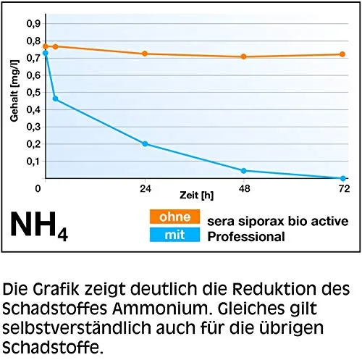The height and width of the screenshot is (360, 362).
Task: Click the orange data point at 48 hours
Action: (x=243, y=56)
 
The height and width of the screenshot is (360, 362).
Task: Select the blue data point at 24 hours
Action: (x=145, y=143)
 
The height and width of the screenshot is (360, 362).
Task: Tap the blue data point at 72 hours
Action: (x=343, y=178)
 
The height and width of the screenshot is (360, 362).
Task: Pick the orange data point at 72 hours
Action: (x=342, y=54)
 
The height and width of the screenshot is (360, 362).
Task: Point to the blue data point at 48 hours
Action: (x=243, y=171)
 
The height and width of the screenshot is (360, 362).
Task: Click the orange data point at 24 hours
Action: (x=145, y=54)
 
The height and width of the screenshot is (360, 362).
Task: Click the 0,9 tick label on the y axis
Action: (x=33, y=24)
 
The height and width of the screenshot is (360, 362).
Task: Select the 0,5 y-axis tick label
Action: (x=33, y=93)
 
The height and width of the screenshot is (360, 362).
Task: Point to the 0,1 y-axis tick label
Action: (x=33, y=162)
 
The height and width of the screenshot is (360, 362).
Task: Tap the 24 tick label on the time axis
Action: (x=146, y=188)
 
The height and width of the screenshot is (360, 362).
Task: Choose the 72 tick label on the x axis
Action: (x=344, y=188)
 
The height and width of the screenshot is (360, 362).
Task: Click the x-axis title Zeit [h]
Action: (x=196, y=195)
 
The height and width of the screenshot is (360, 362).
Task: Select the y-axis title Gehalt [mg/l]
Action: (x=14, y=91)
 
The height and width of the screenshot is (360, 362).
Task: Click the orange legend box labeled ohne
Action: (x=174, y=217)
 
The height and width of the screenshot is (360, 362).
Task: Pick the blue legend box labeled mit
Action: (x=174, y=235)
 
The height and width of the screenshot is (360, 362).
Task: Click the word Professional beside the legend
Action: (x=246, y=237)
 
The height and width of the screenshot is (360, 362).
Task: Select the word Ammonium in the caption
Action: (x=160, y=309)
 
